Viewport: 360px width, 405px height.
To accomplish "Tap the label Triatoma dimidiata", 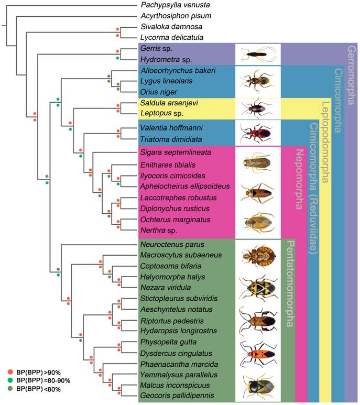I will coord(168,139).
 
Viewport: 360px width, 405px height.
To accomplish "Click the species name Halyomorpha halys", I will coord(169,276).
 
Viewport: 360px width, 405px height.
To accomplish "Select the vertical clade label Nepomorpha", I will coord(299,178).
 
